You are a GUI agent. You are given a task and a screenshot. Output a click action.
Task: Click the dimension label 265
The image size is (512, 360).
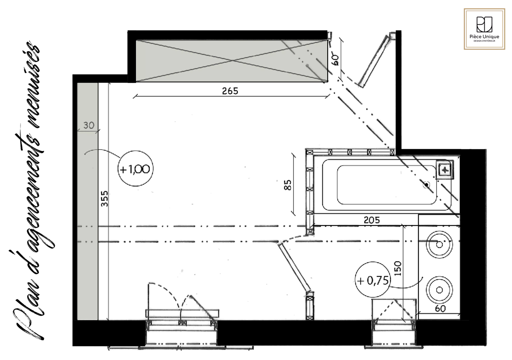230,91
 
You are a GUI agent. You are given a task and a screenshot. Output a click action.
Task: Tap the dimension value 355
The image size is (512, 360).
104,199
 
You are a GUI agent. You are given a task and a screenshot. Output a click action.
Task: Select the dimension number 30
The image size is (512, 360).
89,125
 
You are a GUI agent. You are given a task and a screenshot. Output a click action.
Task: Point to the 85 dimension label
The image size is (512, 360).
288,185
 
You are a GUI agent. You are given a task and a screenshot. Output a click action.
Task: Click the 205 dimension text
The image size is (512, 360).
372,220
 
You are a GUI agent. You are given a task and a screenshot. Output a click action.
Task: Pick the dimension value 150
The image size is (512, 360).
398,268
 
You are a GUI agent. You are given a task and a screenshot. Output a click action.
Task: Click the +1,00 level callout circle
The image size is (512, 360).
135,169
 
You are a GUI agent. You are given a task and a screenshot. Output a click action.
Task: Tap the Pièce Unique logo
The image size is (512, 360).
484,29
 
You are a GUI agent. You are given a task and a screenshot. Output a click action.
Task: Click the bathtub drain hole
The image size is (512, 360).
426,184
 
